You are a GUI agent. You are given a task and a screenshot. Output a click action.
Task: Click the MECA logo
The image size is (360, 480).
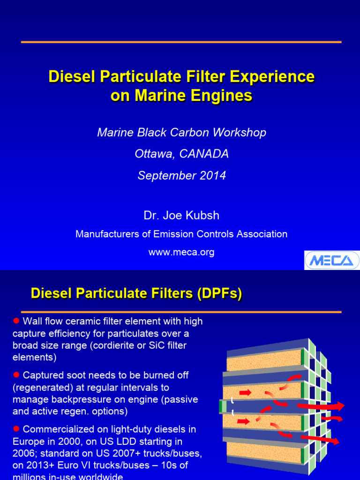[x=332, y=260]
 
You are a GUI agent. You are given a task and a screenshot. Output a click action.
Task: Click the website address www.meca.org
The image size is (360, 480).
[x=181, y=252]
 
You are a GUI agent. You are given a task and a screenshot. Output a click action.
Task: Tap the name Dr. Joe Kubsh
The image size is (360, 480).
[x=181, y=216]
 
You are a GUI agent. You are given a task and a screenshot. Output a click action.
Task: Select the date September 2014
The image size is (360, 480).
[x=182, y=175]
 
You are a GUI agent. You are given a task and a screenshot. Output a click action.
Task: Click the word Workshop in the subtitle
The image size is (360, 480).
[x=240, y=132]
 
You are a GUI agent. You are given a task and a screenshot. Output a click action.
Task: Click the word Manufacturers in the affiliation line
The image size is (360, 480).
[x=107, y=234]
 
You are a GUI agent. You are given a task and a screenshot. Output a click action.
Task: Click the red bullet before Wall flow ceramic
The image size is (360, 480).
[x=16, y=320]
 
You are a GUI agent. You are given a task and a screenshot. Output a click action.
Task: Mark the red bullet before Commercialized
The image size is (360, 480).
[x=16, y=428]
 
